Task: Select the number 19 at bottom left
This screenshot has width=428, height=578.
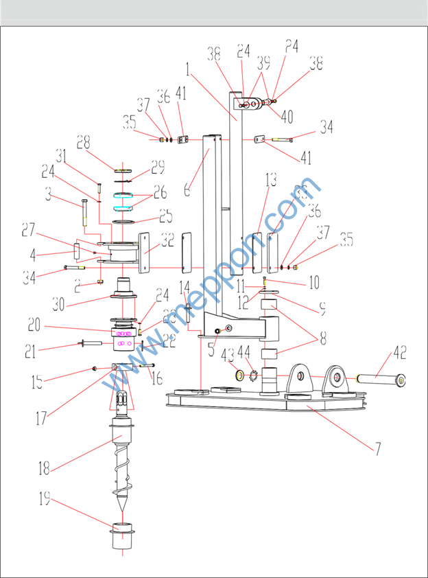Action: click(x=43, y=500)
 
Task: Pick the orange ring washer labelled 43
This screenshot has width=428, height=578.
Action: click(x=241, y=375)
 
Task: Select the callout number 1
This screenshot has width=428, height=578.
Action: click(x=186, y=69)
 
